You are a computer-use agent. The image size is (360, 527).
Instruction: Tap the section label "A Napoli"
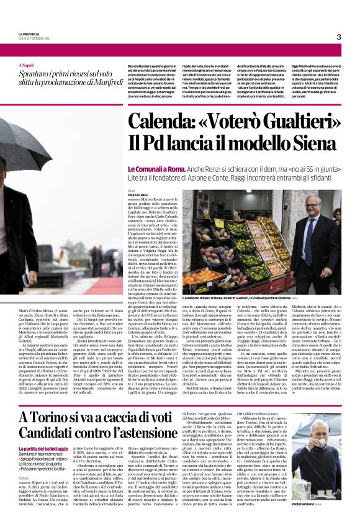(x=27, y=65)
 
